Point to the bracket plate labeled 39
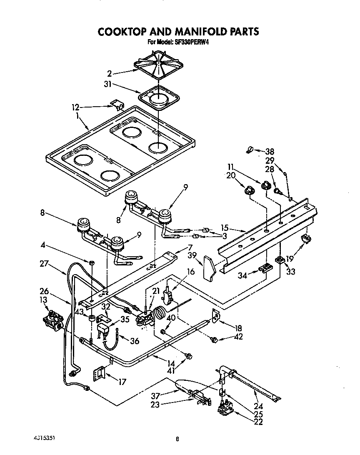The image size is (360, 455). [x=209, y=267]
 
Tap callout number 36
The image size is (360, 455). [x=134, y=340]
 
